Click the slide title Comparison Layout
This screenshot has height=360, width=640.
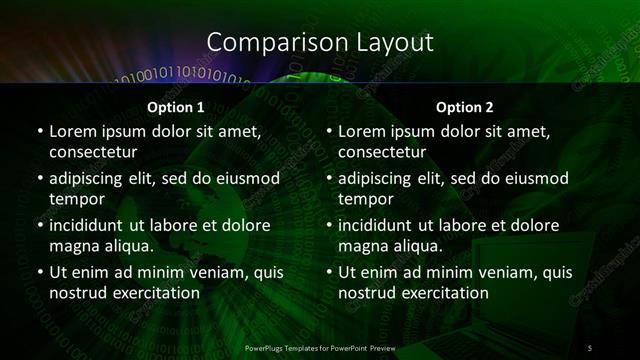pos(320,42)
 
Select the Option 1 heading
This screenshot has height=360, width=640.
pos(176,106)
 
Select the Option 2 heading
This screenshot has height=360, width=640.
pos(466,106)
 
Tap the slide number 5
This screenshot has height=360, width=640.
pos(590,347)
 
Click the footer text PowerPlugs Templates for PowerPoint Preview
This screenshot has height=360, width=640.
pos(320,347)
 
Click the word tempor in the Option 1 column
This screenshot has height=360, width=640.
pos(74,200)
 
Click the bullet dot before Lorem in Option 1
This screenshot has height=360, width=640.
pos(38,132)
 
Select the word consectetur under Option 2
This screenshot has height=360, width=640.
pos(384,153)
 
